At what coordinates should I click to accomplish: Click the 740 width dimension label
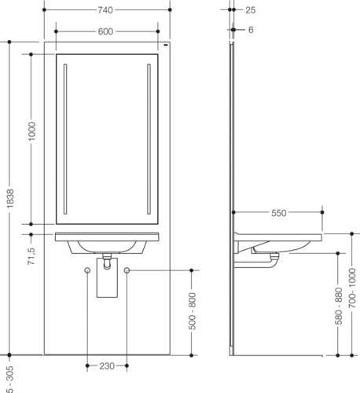105,10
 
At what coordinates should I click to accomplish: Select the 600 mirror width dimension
105,31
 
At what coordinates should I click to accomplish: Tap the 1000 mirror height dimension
31,131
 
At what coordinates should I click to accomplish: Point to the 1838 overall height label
10,199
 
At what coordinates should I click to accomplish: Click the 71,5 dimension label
31,256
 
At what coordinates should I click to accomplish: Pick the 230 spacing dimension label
107,365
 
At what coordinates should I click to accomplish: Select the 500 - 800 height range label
192,311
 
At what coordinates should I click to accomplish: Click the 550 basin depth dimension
279,213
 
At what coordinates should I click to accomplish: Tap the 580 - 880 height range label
339,306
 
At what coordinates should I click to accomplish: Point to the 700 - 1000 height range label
353,288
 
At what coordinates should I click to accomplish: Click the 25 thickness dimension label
250,10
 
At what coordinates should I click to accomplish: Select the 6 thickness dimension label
251,30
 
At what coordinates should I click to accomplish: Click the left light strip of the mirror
65,139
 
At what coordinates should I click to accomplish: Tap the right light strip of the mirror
149,139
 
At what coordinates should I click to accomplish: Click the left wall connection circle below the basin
87,270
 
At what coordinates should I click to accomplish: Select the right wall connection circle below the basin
127,270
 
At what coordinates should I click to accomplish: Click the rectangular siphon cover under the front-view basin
107,277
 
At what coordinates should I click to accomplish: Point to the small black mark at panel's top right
166,46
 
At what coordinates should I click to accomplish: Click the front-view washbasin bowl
107,247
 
